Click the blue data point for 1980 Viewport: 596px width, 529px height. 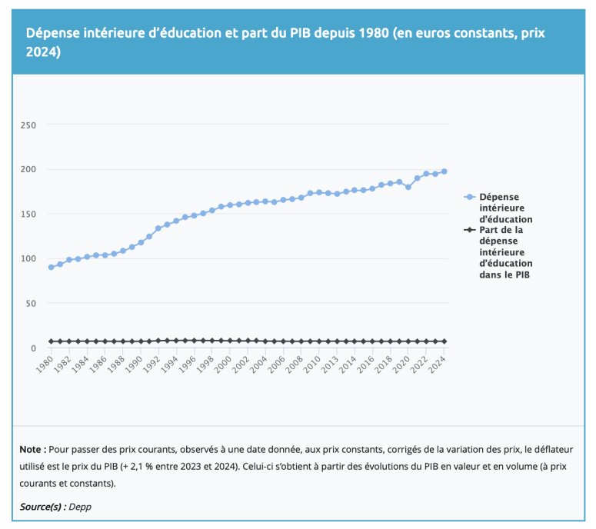51,267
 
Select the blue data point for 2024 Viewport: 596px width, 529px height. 445,171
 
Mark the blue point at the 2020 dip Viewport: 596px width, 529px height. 408,187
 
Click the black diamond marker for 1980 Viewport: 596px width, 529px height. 51,341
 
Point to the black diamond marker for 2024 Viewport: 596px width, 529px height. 445,341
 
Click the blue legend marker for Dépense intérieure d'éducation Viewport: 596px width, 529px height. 469,197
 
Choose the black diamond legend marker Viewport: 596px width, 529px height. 469,230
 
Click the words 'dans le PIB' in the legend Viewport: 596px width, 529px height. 504,274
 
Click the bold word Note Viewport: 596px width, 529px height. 32,449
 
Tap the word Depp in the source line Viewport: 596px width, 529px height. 80,507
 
